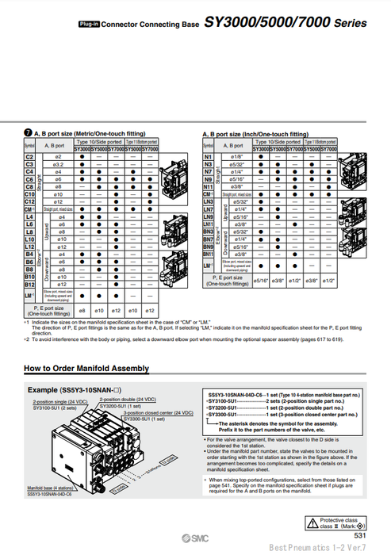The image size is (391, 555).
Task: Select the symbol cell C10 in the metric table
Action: (29, 193)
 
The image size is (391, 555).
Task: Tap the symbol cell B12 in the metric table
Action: (29, 284)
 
